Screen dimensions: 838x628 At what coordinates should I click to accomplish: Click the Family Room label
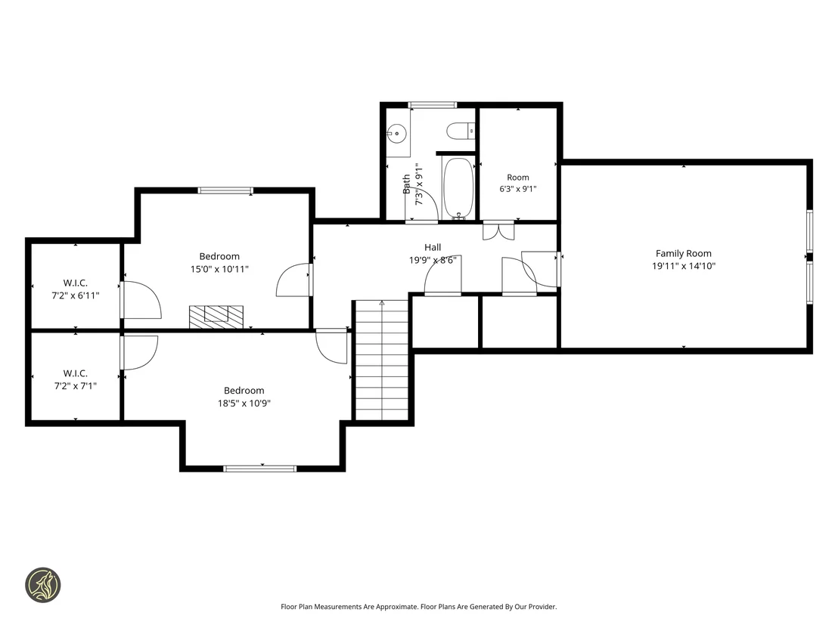684,254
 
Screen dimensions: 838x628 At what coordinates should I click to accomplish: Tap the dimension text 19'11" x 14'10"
684,266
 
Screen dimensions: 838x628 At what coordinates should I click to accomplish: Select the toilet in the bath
461,130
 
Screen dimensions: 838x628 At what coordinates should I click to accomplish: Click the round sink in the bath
396,132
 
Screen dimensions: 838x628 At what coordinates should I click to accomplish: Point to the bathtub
458,187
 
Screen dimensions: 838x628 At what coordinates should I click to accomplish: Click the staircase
382,360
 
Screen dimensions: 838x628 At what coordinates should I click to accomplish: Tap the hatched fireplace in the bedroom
216,317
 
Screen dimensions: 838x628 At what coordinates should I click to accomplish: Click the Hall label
433,247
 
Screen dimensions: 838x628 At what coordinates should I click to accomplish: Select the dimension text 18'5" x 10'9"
244,404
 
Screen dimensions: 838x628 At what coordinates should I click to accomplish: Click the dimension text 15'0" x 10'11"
219,269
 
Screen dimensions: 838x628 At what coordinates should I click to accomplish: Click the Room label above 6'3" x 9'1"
518,178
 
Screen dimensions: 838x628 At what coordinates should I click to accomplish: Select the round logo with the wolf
43,585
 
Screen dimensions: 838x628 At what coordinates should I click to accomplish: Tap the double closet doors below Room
498,231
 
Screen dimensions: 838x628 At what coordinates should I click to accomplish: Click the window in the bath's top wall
433,104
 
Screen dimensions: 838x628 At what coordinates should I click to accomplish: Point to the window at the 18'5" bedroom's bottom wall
259,469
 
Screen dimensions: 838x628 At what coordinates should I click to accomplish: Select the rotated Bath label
406,184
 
